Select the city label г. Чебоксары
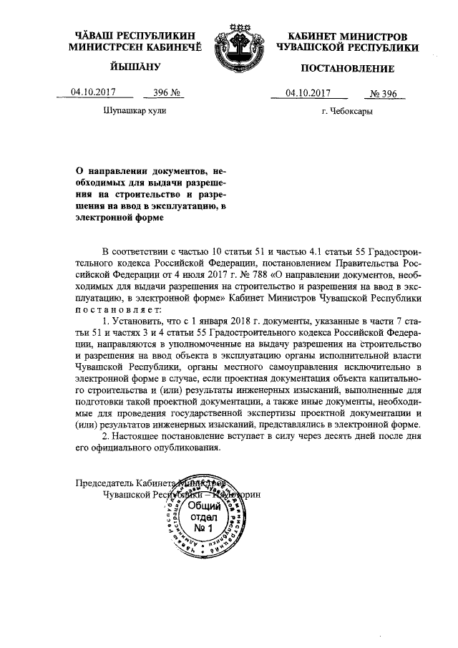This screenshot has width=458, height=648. coord(347,111)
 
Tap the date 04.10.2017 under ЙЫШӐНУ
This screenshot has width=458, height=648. coord(93,92)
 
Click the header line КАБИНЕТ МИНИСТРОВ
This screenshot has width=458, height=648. coord(347,36)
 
